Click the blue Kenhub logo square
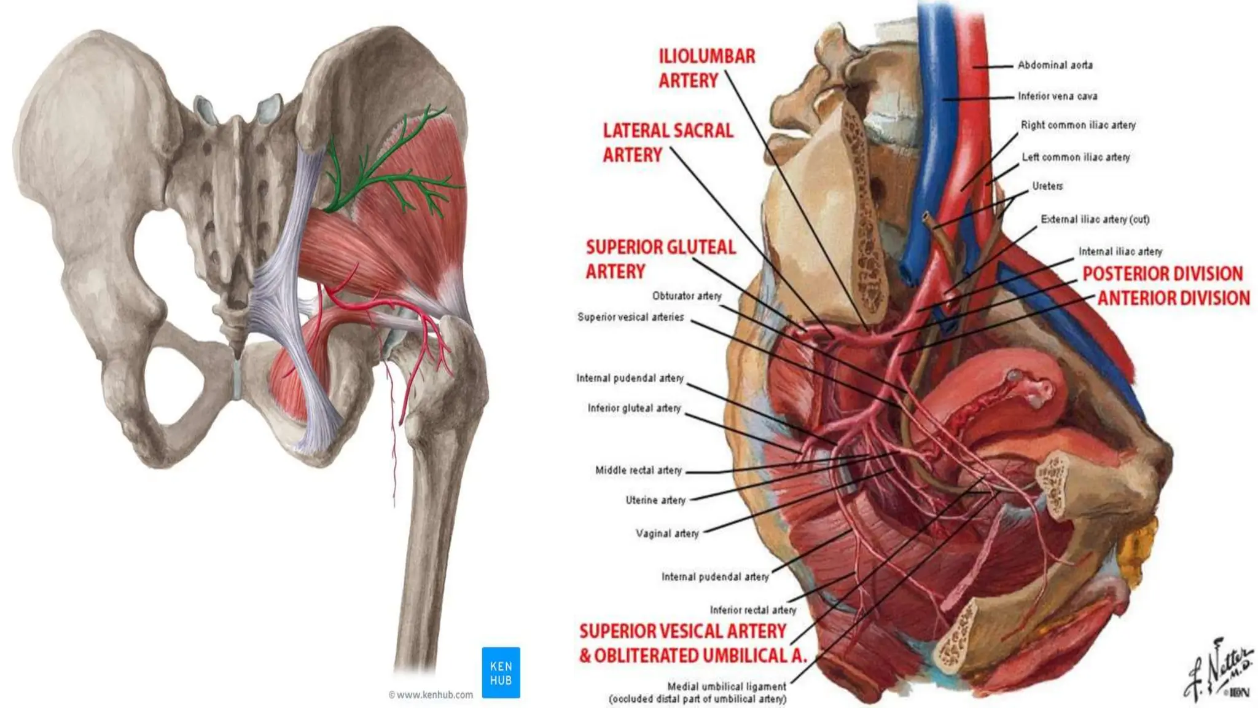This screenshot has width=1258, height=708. tap(501, 672)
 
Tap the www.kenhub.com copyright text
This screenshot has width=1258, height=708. tap(431, 695)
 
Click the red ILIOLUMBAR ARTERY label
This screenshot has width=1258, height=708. tap(706, 68)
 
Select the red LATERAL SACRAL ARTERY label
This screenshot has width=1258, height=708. tap(668, 143)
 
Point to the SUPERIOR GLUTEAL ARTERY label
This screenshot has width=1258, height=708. tap(660, 259)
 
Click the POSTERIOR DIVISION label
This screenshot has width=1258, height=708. tap(1162, 273)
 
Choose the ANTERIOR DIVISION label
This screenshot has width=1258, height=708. tap(1173, 298)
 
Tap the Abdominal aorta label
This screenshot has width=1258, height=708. tap(1055, 65)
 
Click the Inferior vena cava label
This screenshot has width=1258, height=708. tap(1057, 96)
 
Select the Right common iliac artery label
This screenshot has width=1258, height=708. tap(1078, 125)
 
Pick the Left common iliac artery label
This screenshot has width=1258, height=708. tap(1076, 157)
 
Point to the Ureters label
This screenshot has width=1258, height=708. tap(1047, 186)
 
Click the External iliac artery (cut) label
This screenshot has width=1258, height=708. tap(1095, 219)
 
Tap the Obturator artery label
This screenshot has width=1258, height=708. tap(687, 296)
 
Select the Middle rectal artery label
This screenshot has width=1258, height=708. tap(638, 470)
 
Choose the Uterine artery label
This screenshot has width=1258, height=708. tap(655, 500)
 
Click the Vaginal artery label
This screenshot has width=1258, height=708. tap(667, 533)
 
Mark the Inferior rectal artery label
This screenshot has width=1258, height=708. tap(753, 610)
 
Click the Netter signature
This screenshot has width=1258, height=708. tap(1219, 670)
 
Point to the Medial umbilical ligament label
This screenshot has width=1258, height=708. tap(727, 686)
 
